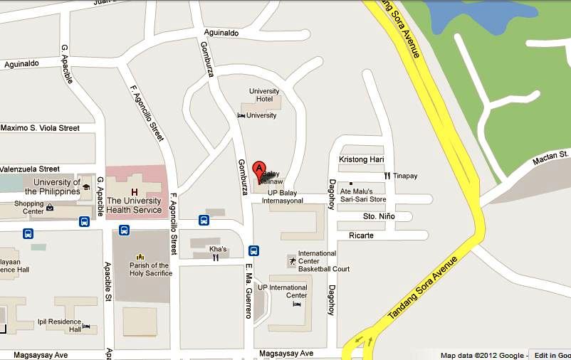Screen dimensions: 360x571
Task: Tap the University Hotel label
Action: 264,95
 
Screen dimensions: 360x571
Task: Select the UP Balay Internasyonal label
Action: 285,196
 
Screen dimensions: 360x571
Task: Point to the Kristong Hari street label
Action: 362,159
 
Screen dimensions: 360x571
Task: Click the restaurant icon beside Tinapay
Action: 387,176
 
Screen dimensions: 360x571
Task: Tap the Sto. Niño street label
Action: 377,216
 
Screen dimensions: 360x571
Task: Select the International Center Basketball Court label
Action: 323,261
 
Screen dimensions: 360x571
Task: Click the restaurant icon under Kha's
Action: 215,258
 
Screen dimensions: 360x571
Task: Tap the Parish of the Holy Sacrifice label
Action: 150,270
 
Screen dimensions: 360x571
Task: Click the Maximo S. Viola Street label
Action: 40,128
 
